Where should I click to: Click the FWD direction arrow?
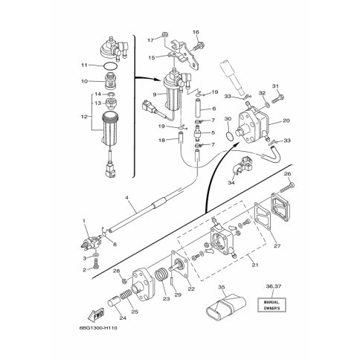tap(96, 315)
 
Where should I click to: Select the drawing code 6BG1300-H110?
tap(98, 328)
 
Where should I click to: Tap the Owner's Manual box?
tap(271, 305)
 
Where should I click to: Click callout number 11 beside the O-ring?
tap(85, 65)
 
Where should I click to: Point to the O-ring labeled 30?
tap(230, 136)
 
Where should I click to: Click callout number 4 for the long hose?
tap(126, 198)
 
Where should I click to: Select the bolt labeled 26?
tap(286, 187)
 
